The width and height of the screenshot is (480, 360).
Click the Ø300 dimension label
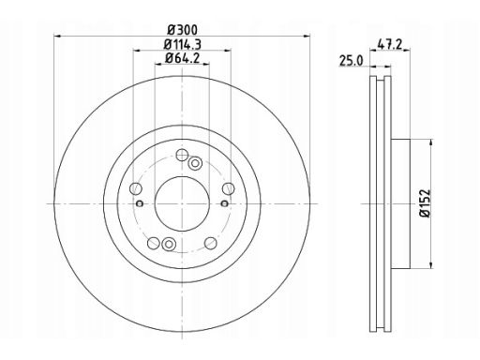pos(183,30)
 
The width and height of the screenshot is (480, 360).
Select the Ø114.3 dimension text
pos(183,45)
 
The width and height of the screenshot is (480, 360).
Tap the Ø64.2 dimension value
pos(183,58)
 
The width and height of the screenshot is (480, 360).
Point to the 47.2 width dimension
pos(389,44)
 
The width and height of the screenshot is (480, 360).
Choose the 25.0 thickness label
pos(352,61)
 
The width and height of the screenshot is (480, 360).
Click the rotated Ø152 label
pos(426,203)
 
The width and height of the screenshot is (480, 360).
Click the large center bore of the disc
pos(182,203)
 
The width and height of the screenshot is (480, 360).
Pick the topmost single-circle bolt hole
pos(182,155)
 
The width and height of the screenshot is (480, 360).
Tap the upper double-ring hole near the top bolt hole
pos(195,163)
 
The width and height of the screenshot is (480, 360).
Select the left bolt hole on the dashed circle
pos(136,188)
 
